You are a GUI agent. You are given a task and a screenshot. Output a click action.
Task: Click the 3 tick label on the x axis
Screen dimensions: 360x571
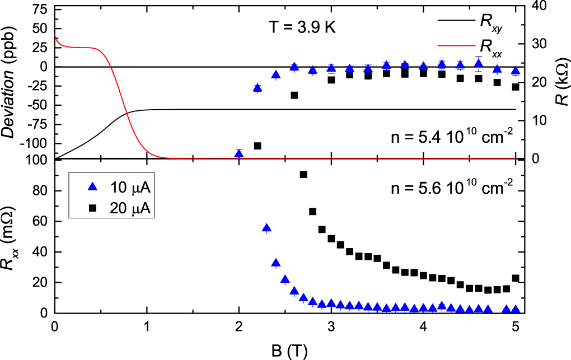click(331, 326)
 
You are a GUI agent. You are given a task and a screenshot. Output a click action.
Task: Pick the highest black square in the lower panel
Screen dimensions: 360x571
click(303, 175)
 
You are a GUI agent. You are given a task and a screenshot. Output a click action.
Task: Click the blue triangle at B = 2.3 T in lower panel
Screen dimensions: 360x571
click(266, 228)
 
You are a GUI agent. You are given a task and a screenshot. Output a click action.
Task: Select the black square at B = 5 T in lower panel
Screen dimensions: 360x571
click(516, 278)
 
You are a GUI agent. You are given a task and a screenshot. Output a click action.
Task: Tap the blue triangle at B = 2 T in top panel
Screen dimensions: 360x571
click(239, 153)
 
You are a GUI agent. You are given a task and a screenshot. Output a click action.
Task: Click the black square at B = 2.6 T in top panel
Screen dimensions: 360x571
click(294, 95)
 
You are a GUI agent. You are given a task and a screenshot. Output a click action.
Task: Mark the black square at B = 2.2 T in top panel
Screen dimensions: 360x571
click(258, 146)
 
